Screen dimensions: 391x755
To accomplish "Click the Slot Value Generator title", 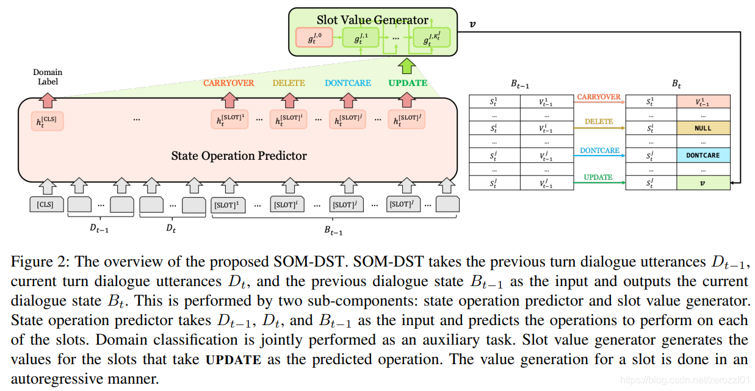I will click(372, 20).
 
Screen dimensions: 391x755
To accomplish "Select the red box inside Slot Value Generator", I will click(313, 38).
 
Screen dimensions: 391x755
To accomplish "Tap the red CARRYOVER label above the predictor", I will click(229, 83).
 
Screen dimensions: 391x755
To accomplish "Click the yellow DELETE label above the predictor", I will click(289, 83).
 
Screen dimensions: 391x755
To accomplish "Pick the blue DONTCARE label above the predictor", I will click(348, 83).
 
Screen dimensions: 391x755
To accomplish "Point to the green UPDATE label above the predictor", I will click(408, 83).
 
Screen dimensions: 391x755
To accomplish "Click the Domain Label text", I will click(48, 76).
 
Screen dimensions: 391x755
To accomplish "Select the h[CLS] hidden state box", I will click(47, 121).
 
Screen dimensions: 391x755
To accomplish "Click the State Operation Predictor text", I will click(239, 156).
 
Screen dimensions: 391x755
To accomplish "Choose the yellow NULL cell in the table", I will click(703, 129).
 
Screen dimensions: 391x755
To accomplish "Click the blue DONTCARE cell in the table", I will click(703, 156).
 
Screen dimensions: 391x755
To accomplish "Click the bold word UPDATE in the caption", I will click(233, 359).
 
